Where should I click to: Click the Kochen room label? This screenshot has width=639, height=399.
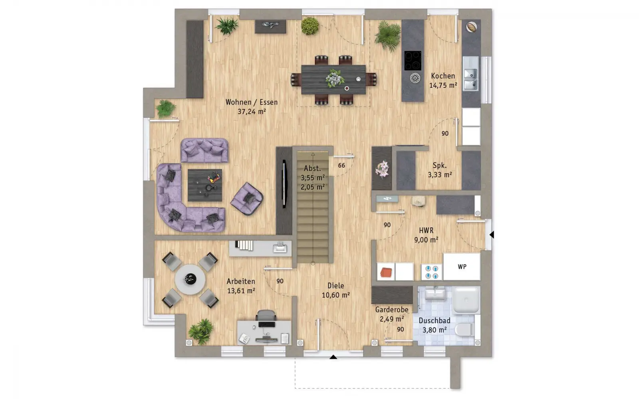[443, 76]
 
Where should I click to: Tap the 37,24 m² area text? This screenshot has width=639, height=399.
[252, 111]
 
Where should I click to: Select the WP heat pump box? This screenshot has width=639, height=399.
[462, 267]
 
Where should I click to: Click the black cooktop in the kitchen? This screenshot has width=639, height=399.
[413, 60]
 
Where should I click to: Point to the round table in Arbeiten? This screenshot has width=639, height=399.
[190, 279]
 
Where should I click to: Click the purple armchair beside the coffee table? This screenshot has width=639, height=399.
[247, 199]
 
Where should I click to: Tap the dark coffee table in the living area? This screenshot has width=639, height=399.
[205, 185]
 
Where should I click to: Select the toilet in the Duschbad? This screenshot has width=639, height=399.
[464, 330]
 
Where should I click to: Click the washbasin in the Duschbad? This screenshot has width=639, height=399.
[435, 294]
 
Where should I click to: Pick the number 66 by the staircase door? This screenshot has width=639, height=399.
[341, 166]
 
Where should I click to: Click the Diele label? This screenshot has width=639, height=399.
[335, 286]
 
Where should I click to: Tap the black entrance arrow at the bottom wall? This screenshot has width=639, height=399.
[333, 357]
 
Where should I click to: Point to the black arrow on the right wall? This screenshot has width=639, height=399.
[492, 235]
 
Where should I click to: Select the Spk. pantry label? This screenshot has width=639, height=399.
[440, 165]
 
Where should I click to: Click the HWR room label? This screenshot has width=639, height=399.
[426, 230]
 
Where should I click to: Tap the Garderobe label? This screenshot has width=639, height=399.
[392, 310]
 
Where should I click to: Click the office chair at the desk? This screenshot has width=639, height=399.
[266, 315]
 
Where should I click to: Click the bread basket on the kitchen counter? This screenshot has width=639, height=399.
[471, 27]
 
